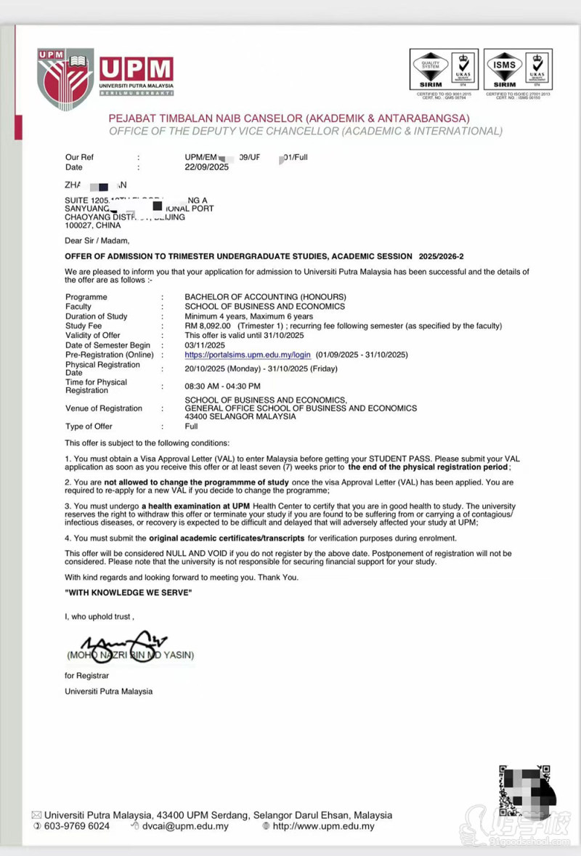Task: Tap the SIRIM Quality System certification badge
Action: [x=444, y=70]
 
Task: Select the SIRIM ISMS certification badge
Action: [x=518, y=70]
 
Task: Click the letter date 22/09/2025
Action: [x=207, y=167]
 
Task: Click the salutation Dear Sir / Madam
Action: [x=97, y=241]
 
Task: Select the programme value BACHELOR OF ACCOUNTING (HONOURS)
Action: [x=265, y=297]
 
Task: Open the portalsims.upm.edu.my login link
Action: [x=248, y=355]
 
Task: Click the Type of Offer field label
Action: [x=89, y=427]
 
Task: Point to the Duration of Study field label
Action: [x=96, y=317]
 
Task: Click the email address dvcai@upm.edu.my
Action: [x=184, y=826]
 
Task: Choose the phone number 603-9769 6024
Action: [x=77, y=826]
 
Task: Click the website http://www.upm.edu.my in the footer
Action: [x=323, y=826]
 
